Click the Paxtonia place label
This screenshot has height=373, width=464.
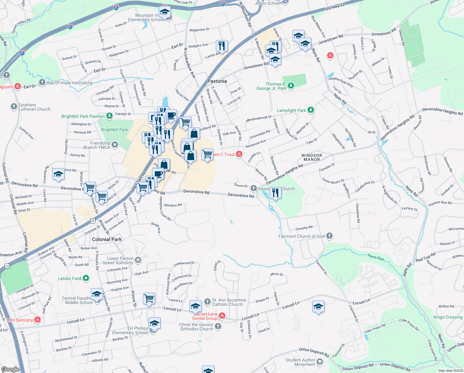click(x=217, y=81)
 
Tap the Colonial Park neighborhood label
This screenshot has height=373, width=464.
click(x=107, y=239)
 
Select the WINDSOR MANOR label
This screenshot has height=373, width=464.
click(x=312, y=157)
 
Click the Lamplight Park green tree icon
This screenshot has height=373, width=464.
click(x=310, y=110)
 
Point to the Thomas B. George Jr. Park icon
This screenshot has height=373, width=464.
click(x=291, y=85)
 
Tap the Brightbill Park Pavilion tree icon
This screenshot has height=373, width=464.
click(x=109, y=116)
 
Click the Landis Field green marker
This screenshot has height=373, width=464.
click(x=86, y=278)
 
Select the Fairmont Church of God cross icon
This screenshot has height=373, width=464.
click(x=329, y=236)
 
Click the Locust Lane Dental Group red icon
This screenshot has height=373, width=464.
click(x=222, y=316)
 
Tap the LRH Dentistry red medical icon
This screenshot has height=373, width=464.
click(x=38, y=320)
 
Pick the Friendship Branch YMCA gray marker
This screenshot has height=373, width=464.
click(x=115, y=145)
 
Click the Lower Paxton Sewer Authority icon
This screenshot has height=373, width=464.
click(x=138, y=260)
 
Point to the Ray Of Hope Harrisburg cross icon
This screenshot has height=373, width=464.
click(x=42, y=82)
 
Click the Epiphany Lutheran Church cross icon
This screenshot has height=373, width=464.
click(x=14, y=107)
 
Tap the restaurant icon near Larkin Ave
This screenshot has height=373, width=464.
click(x=222, y=46)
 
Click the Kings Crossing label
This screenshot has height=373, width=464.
click(x=448, y=317)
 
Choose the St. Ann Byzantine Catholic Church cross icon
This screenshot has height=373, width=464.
click(x=207, y=302)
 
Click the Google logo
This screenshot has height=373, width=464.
click(x=10, y=369)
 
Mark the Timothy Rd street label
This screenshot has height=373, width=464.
click(x=304, y=228)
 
